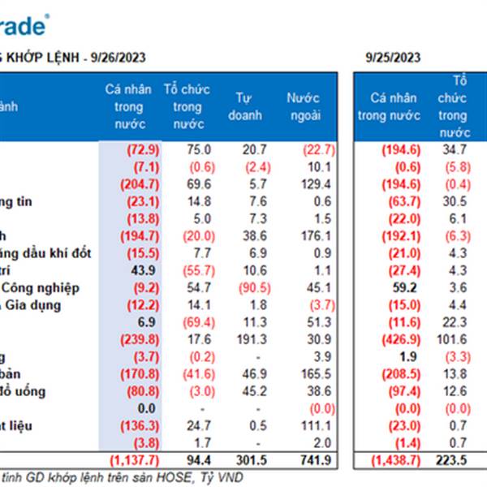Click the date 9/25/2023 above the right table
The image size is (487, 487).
(393, 57)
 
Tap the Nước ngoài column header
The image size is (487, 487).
(303, 106)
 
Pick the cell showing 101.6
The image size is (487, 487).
(455, 339)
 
